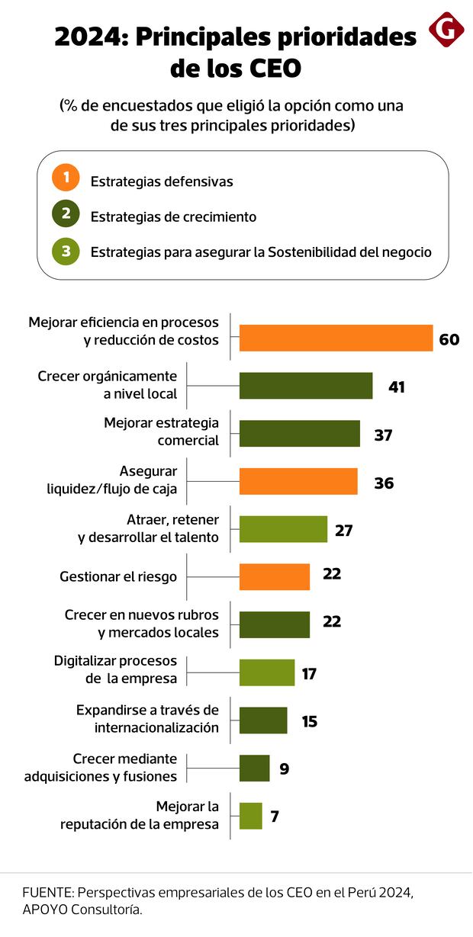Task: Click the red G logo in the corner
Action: (446, 30)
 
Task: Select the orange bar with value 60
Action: (336, 338)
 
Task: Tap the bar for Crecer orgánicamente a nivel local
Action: (306, 386)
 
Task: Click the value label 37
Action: (383, 435)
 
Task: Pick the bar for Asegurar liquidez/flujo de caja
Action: (298, 482)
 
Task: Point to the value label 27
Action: (344, 529)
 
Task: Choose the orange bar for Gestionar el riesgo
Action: (275, 576)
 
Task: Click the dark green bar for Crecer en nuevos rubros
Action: (275, 624)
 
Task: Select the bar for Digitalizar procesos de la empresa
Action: (267, 672)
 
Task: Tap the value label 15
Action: (310, 720)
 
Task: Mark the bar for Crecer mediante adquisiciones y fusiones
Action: (254, 768)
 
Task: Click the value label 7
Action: (275, 816)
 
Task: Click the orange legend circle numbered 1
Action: (66, 178)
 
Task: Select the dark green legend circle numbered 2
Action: (66, 214)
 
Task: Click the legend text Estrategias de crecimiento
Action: (173, 217)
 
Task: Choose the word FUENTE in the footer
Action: (47, 892)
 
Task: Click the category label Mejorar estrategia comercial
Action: (161, 431)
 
